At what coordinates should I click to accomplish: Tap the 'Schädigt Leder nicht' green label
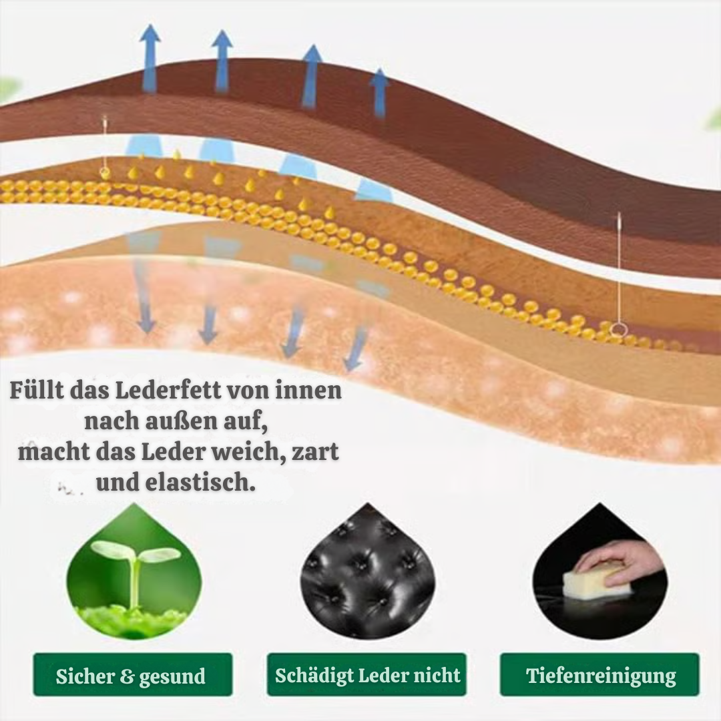click(367, 675)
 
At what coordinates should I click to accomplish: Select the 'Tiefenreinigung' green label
click(600, 675)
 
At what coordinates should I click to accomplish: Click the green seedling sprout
click(136, 565)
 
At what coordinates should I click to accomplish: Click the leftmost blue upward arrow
click(150, 59)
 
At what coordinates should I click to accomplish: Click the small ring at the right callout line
click(620, 328)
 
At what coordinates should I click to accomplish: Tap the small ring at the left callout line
click(105, 172)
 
